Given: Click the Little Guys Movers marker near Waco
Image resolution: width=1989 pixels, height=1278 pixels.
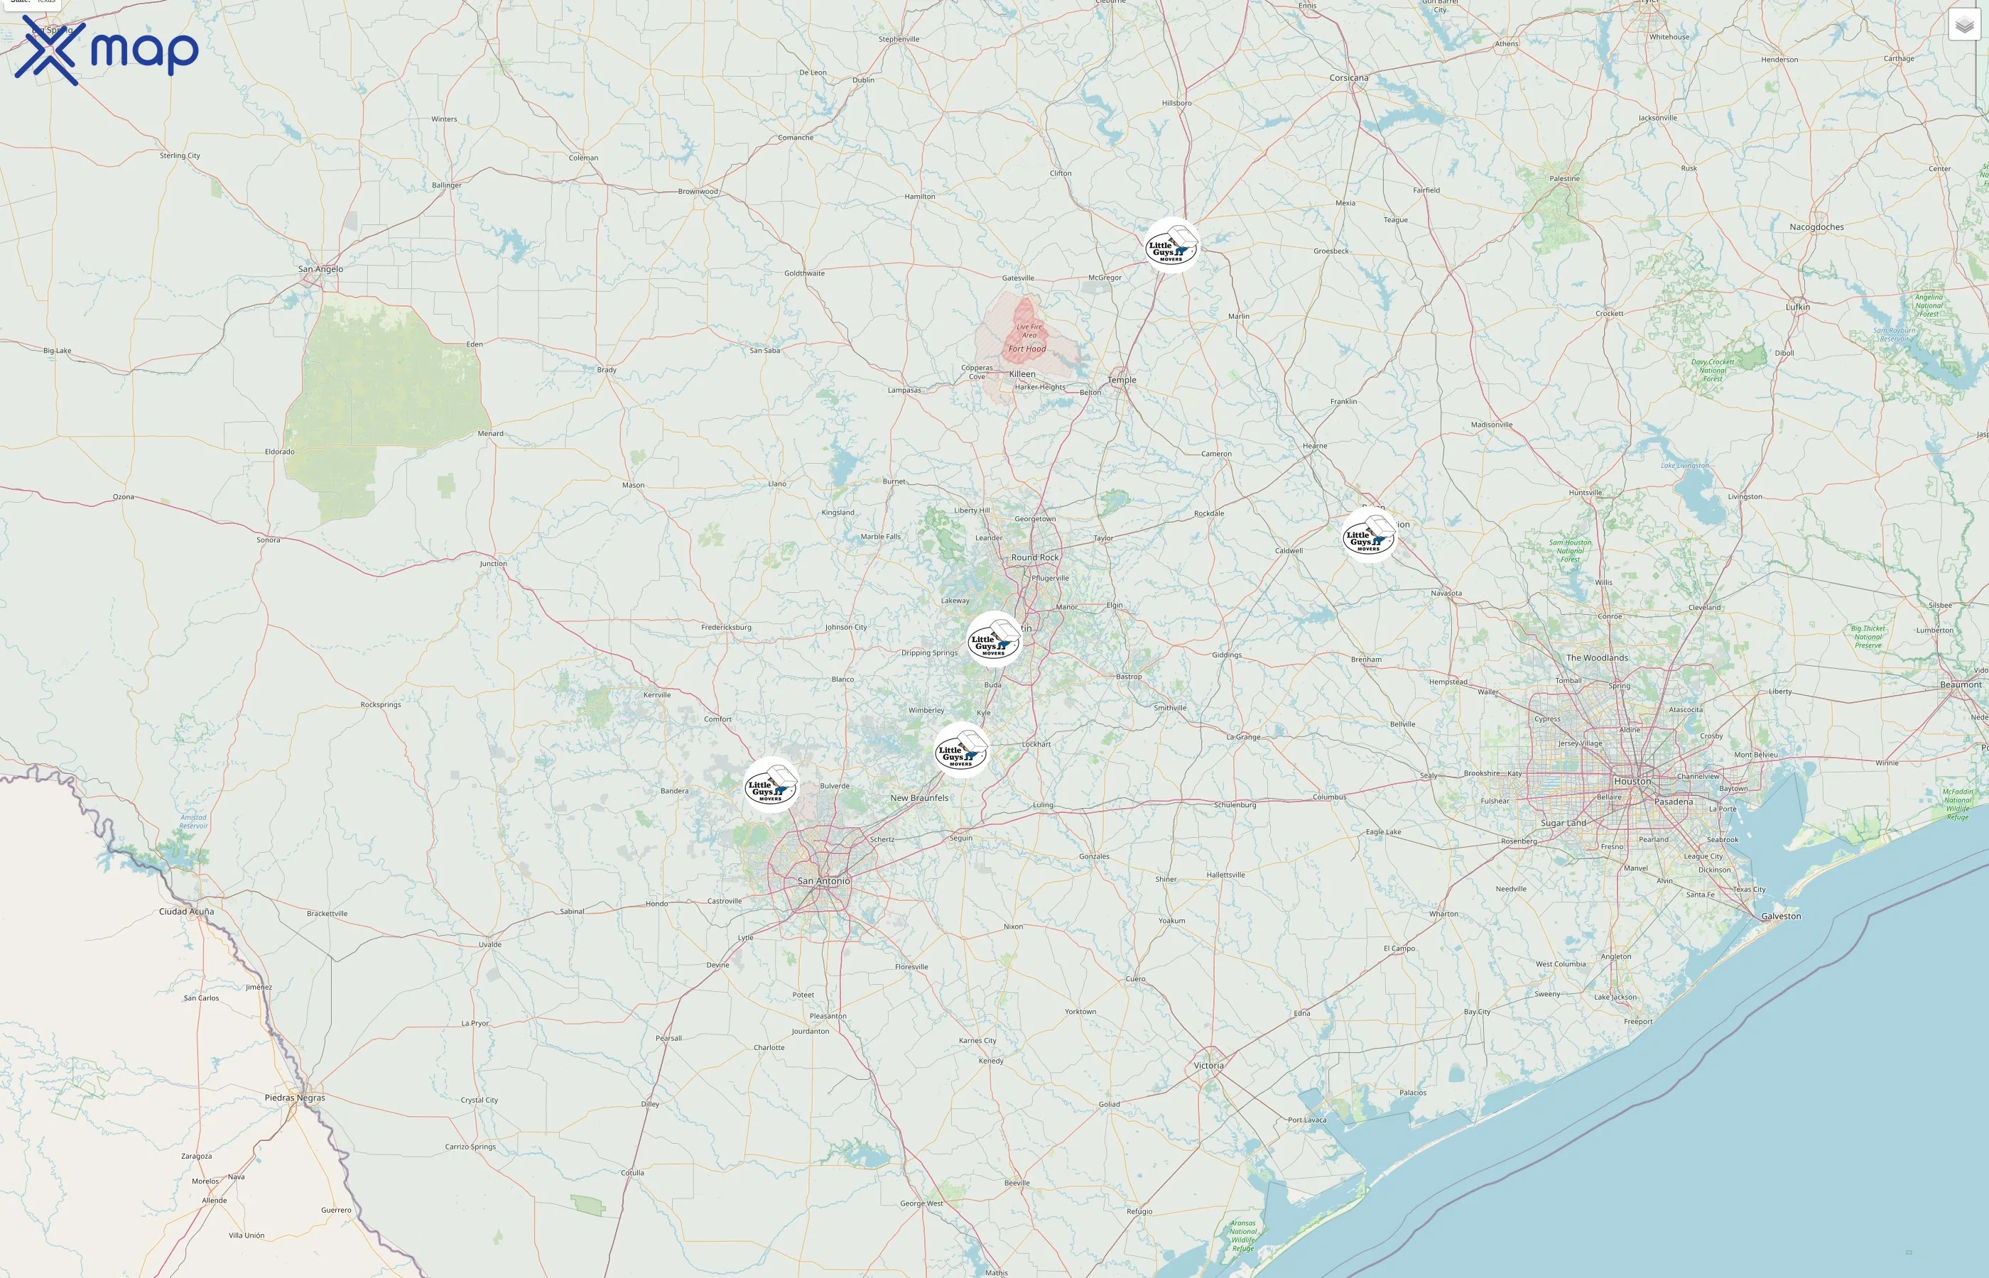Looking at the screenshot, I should [1171, 246].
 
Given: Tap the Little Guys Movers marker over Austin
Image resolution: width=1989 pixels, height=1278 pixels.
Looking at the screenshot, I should [994, 640].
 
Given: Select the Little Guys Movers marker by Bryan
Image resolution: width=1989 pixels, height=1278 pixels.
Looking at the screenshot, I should [1369, 535].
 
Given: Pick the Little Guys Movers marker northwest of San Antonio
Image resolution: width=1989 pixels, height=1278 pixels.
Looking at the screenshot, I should [770, 785].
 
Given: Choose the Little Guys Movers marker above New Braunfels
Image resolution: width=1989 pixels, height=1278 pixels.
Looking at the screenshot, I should [960, 750].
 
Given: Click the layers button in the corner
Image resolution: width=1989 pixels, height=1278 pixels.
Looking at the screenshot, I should [1964, 25].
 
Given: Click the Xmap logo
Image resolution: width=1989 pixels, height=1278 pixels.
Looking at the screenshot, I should [107, 50].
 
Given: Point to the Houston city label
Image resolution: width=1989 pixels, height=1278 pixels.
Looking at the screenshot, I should [1632, 781].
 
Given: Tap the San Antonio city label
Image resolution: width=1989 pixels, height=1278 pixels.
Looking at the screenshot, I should [823, 880].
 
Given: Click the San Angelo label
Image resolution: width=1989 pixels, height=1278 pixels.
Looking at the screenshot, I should [320, 269].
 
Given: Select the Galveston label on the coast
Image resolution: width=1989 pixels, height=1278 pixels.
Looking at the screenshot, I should [1781, 916].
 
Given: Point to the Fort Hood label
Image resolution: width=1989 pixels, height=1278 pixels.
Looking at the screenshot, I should [1027, 349].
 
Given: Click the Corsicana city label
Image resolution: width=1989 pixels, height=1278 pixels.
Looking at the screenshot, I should [1349, 78].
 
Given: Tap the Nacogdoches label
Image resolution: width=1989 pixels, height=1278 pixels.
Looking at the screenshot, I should [1816, 227].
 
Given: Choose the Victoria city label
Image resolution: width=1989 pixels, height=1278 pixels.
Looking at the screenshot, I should [1209, 1066].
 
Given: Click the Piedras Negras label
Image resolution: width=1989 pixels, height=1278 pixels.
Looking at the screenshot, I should [295, 1098].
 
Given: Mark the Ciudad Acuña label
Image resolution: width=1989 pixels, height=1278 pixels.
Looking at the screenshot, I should [186, 911].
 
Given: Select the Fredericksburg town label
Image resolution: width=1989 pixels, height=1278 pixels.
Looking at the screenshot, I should [727, 628].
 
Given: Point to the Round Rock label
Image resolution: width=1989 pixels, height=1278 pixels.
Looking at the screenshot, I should [1034, 557].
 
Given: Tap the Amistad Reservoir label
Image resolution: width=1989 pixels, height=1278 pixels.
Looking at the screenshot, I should [193, 821].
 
